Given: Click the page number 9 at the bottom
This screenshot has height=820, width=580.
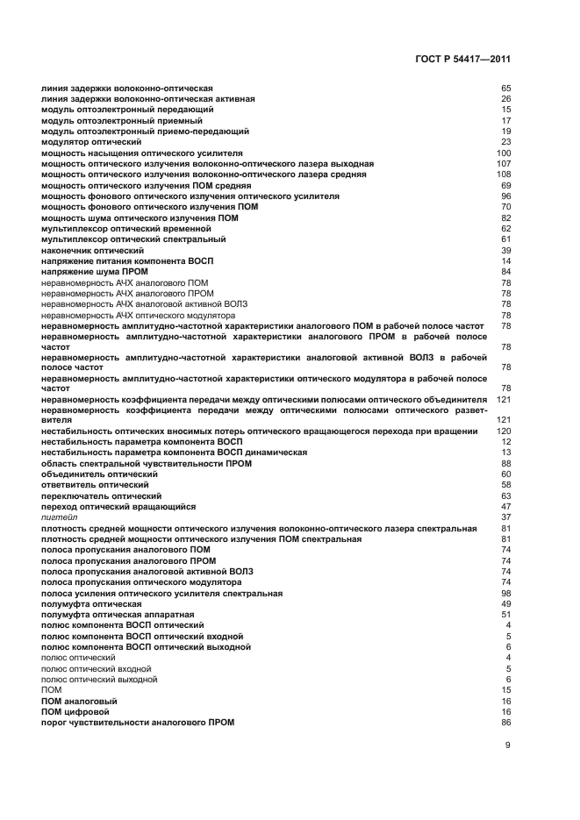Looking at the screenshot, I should click(507, 745).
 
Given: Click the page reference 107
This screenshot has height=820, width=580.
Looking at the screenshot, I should click(504, 164).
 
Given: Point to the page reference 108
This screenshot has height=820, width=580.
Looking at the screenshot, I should click(504, 175).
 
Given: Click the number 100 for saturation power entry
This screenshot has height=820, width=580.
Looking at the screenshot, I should click(504, 153).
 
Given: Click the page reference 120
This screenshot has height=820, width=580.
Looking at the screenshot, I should click(504, 431).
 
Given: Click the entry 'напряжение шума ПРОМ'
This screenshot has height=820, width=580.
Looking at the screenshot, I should click(89, 272).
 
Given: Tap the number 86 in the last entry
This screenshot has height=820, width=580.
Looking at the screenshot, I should click(505, 723).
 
